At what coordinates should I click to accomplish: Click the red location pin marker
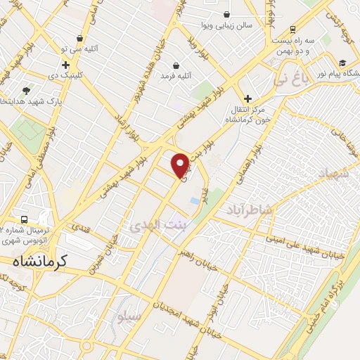[x=181, y=165]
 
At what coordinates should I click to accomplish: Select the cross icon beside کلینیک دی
[x=65, y=65]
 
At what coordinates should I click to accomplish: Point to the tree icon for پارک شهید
[x=27, y=91]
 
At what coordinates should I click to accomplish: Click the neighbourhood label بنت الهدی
[x=158, y=224]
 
